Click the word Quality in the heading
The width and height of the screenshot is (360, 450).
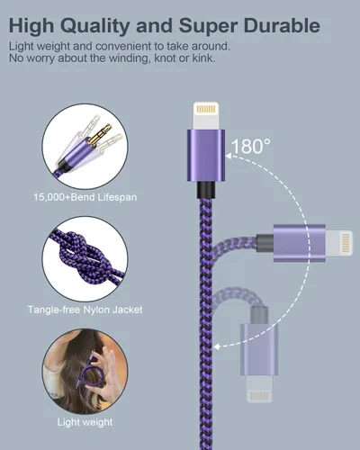point(94,26)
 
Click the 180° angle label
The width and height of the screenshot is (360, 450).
point(250,146)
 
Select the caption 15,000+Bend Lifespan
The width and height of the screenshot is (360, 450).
point(85,197)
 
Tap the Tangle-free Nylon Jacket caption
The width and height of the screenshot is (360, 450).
point(85,310)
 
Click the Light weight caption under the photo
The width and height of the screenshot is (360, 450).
point(85,422)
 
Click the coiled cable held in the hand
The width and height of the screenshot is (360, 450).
point(89,372)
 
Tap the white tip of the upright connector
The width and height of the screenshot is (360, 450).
point(206,115)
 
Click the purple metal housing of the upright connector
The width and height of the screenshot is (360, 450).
point(206,155)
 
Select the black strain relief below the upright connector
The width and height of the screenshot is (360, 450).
point(206,190)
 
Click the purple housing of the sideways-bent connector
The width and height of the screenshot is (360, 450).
point(300,243)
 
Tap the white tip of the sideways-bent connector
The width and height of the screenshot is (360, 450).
point(339,243)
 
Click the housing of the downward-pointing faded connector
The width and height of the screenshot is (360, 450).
point(259,349)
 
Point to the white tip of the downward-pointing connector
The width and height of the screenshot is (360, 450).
point(259,389)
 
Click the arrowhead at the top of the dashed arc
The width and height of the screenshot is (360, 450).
point(229,156)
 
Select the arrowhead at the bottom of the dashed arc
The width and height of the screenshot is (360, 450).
point(217,346)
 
